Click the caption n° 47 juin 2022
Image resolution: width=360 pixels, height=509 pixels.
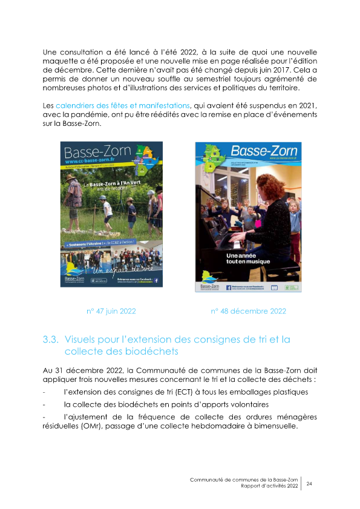pos(111,311)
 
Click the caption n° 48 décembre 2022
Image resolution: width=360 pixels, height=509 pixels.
pos(248,311)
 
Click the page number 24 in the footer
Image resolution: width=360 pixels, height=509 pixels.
pos(310,484)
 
